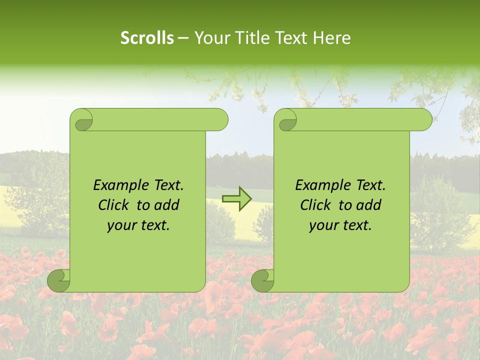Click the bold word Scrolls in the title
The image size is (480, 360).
[x=147, y=38]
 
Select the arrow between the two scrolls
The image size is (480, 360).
[x=237, y=199]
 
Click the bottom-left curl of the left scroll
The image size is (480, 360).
[x=58, y=280]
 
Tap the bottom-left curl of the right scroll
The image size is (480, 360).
[x=262, y=280]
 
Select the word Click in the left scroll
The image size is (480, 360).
[x=113, y=205]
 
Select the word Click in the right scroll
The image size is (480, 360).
[x=315, y=205]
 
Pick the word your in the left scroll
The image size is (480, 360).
[x=121, y=225]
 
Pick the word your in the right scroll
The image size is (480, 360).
[x=323, y=225]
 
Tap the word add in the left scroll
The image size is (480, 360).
[x=167, y=205]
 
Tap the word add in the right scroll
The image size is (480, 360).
[x=369, y=205]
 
